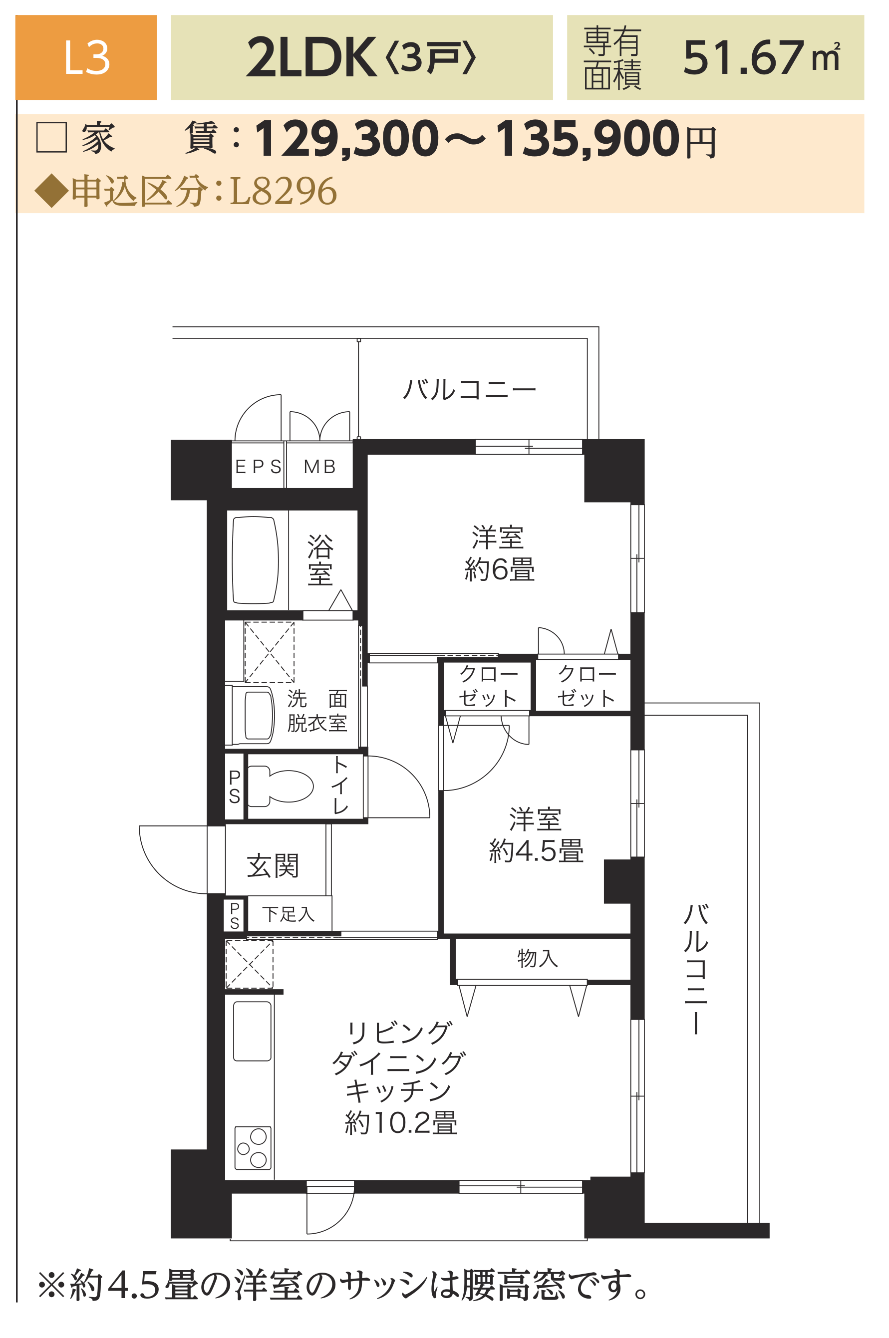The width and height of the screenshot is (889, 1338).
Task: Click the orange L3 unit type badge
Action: (86, 57)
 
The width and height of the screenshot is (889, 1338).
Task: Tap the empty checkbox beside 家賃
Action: (51, 137)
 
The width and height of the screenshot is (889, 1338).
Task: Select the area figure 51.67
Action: (743, 58)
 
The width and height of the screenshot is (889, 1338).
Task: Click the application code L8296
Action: (283, 191)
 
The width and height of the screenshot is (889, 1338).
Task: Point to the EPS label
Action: (258, 467)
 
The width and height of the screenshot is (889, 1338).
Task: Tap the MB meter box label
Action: (320, 467)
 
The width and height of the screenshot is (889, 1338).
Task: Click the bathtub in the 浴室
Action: (255, 559)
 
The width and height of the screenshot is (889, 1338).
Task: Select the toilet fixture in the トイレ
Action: (280, 787)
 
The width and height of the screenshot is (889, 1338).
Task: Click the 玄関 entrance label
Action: (273, 866)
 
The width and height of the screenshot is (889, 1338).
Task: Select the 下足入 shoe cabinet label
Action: (289, 914)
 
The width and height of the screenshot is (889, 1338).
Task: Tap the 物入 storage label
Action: (538, 958)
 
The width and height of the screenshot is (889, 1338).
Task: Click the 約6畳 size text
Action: (500, 569)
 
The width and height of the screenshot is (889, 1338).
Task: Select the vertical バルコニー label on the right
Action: (696, 970)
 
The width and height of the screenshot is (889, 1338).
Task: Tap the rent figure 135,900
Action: (588, 139)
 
